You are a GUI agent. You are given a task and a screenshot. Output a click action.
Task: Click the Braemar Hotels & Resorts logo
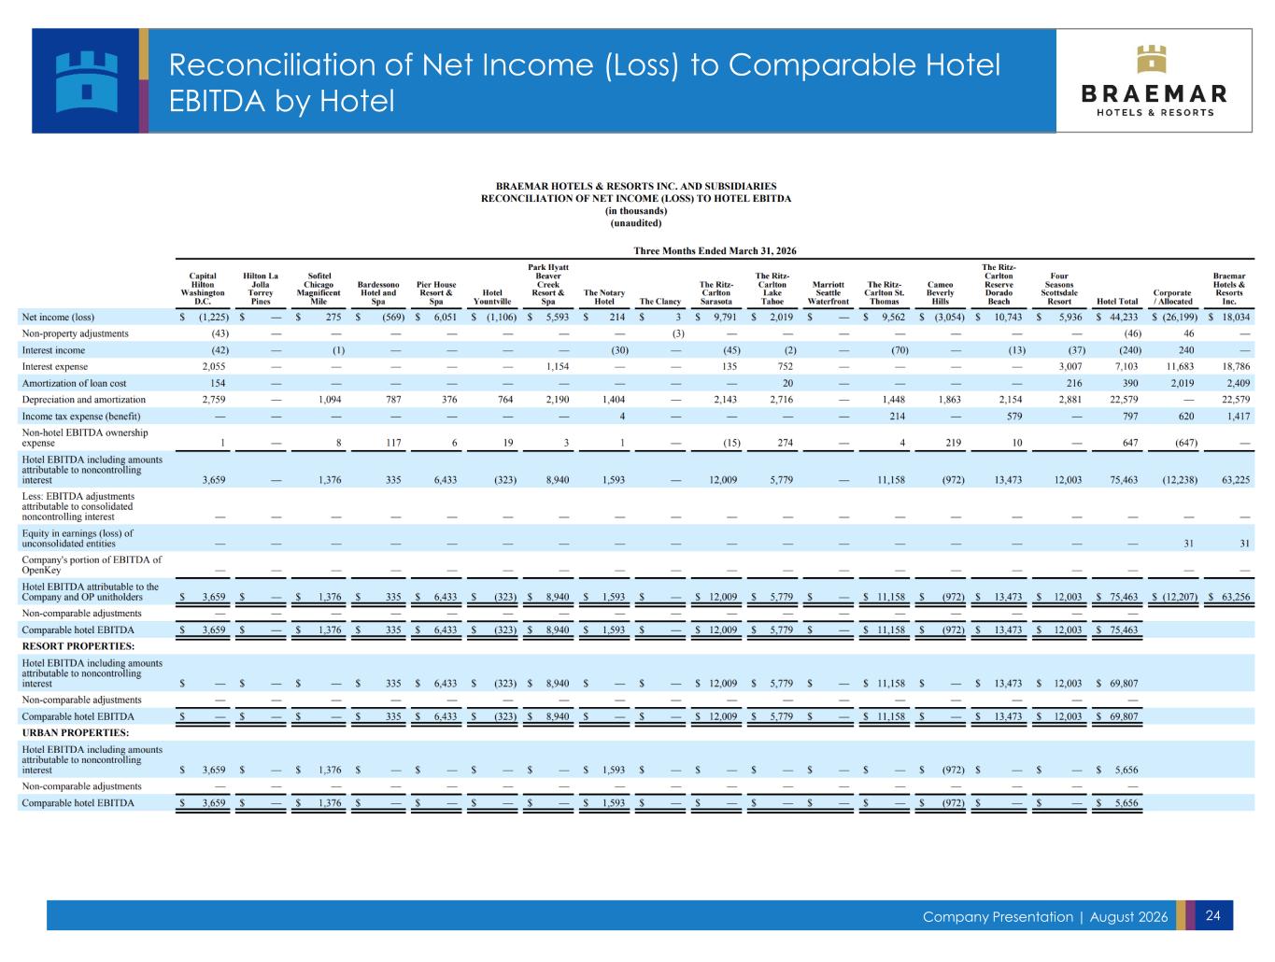point(1154,80)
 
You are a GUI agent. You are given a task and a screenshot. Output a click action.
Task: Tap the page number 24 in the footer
point(1212,915)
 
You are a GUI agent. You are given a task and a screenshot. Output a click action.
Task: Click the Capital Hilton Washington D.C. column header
point(202,289)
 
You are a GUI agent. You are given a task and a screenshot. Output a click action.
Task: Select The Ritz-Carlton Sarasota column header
point(716,292)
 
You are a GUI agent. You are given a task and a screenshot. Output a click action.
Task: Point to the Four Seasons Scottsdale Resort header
point(1059,289)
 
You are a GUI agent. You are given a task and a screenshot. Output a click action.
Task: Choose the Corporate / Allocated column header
point(1172,297)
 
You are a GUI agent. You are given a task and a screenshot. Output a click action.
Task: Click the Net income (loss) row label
point(58,317)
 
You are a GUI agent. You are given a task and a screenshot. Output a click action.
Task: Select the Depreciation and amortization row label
point(84,400)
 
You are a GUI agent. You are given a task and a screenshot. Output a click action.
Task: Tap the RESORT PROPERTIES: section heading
point(78,646)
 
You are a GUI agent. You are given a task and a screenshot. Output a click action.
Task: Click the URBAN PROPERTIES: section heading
point(76,732)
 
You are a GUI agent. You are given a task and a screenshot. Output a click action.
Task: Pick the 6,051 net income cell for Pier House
point(445,317)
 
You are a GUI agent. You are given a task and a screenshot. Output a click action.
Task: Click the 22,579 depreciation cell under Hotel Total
point(1124,400)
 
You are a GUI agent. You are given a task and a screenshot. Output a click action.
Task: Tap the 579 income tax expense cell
point(1014,417)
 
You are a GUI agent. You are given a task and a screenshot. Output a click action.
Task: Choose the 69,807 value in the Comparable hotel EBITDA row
point(1124,716)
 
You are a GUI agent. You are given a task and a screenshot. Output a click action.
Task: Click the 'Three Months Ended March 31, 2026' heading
point(715,251)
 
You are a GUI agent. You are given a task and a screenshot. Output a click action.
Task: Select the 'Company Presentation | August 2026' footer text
point(1045,917)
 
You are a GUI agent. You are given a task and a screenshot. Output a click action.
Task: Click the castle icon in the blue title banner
point(87,81)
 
